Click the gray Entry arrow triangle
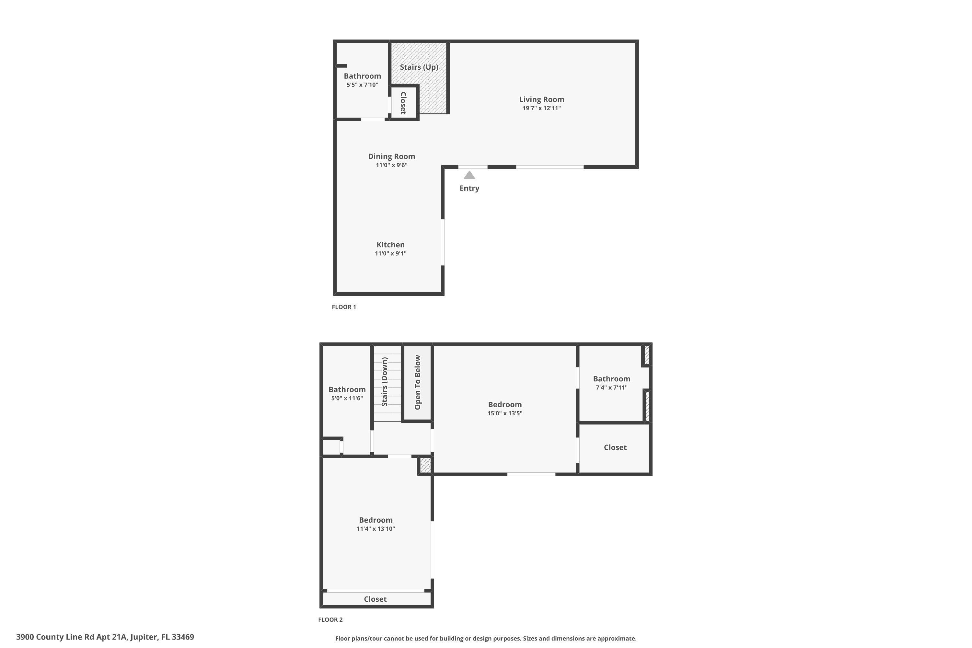(469, 176)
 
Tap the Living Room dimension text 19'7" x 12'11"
(541, 108)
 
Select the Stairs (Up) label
(419, 67)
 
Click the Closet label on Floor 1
(403, 103)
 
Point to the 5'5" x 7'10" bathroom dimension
(362, 85)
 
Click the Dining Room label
(391, 156)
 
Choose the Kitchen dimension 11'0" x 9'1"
(390, 253)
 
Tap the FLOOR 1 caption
(343, 307)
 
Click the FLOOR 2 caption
(330, 619)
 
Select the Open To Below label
(417, 382)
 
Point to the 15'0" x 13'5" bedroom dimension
(504, 413)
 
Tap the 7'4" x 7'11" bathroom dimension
(611, 388)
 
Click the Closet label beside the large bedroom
(615, 447)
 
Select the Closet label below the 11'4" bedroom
(375, 599)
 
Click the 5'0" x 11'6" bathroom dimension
(347, 399)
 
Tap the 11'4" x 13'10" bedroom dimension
(376, 528)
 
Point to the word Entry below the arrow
(469, 188)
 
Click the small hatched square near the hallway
(425, 465)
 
